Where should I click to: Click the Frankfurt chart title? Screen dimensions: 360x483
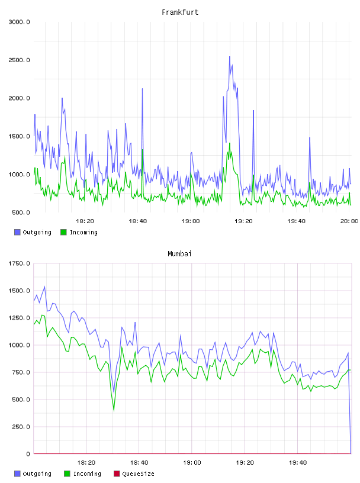point(180,12)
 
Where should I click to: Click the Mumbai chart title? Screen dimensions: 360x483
point(179,254)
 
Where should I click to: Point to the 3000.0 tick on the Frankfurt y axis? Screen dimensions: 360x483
point(19,22)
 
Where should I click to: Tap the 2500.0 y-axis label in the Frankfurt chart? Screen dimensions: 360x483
point(19,60)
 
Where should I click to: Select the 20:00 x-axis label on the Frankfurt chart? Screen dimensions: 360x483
point(349,221)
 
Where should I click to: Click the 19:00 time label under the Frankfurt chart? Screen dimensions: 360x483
point(191,221)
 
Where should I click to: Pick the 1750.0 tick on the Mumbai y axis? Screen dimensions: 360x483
point(19,263)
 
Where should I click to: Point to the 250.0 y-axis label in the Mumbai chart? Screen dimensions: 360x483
point(21,427)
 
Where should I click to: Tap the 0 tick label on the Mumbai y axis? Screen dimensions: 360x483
point(28,454)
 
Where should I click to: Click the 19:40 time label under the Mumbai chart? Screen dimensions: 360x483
point(298,463)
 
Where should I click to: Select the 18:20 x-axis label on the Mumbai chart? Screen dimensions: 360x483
point(86,463)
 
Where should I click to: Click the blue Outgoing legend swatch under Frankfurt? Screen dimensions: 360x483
point(17,232)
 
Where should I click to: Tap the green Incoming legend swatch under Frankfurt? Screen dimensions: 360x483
point(63,232)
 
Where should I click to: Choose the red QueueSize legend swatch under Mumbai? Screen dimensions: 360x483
point(117,474)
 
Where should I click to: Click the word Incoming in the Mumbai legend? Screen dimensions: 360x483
point(87,474)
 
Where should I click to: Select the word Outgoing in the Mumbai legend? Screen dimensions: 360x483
point(37,474)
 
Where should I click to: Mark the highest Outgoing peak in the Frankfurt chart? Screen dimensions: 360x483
point(230,57)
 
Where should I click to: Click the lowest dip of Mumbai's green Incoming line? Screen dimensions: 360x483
point(114,411)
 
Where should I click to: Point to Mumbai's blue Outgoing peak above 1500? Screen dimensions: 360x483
point(44,286)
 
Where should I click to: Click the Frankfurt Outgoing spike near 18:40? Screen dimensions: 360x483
point(142,89)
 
